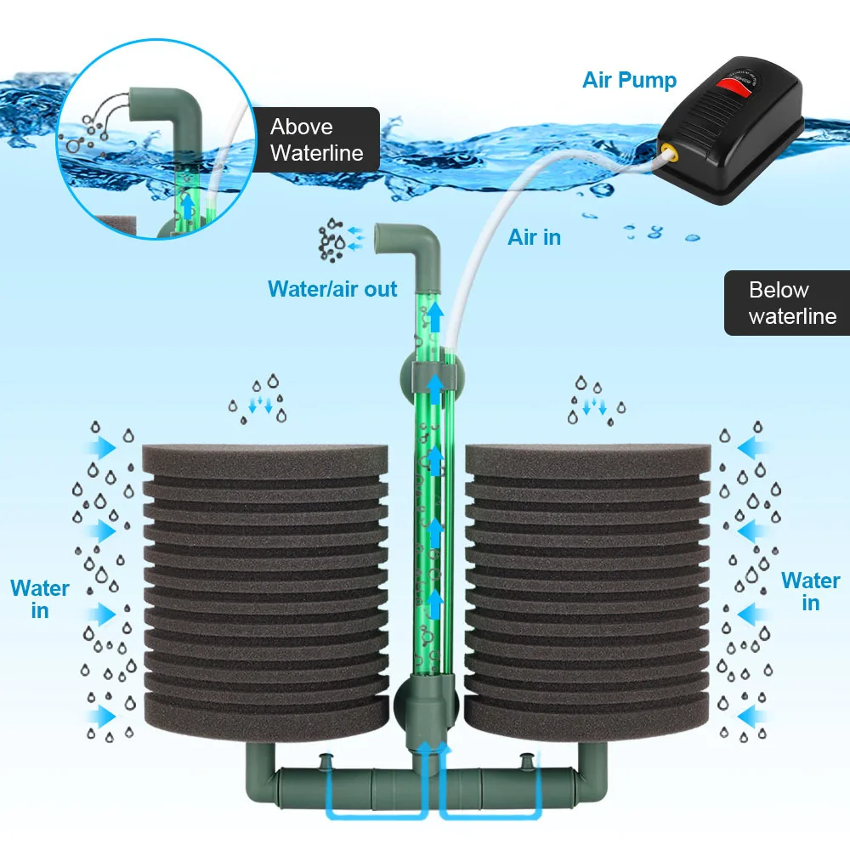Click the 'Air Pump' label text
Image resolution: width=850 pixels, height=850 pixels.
tap(629, 81)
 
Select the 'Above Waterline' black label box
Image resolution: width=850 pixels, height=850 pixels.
tap(316, 139)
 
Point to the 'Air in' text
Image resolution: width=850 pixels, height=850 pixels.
tap(535, 237)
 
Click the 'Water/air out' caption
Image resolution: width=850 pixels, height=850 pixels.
tap(332, 289)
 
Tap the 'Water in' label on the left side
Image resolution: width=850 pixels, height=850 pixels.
tap(40, 598)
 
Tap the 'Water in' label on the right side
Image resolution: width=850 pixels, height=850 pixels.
tap(810, 592)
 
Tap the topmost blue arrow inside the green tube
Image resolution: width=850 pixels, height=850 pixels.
tap(435, 318)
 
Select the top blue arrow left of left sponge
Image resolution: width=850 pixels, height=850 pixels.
tap(105, 445)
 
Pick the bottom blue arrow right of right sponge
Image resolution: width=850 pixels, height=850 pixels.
tap(748, 714)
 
